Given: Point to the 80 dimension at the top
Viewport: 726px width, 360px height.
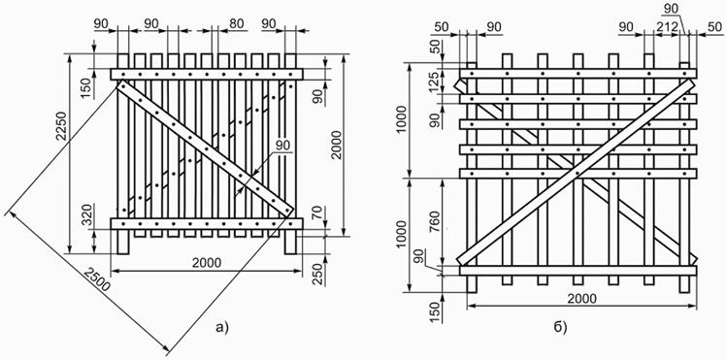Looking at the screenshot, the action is tap(237, 23).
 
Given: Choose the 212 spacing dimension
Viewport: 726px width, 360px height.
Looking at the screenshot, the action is tap(667, 27).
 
